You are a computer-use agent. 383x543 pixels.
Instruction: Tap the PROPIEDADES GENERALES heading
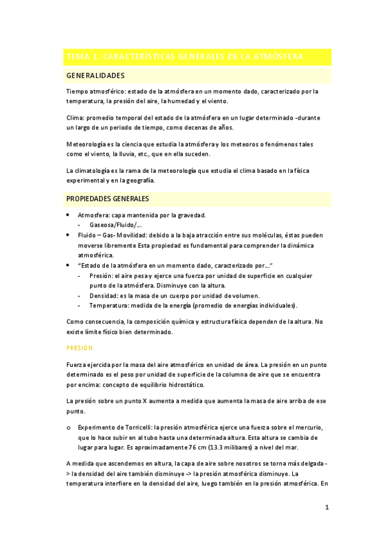tap(107, 199)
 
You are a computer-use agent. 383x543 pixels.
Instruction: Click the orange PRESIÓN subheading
tap(80, 348)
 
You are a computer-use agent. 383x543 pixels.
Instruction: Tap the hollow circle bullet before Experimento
tap(68, 427)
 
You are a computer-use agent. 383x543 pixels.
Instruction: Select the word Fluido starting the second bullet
tap(88, 235)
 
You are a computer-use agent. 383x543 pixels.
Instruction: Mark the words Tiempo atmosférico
tap(95, 92)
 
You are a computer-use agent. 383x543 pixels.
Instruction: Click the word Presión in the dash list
tap(102, 275)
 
